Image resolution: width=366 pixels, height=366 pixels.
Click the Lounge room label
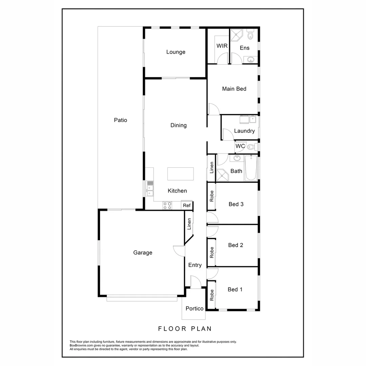176,52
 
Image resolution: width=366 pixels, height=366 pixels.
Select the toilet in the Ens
250,35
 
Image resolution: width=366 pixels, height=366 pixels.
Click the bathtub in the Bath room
251,168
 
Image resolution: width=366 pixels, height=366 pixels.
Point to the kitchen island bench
181,174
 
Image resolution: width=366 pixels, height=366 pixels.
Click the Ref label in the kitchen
187,205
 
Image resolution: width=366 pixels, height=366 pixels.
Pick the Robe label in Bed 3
212,196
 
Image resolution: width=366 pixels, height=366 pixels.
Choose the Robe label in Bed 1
212,294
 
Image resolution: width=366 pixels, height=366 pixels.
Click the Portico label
195,308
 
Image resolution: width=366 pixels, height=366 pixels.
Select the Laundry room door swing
228,135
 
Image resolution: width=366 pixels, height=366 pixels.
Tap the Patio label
120,120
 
